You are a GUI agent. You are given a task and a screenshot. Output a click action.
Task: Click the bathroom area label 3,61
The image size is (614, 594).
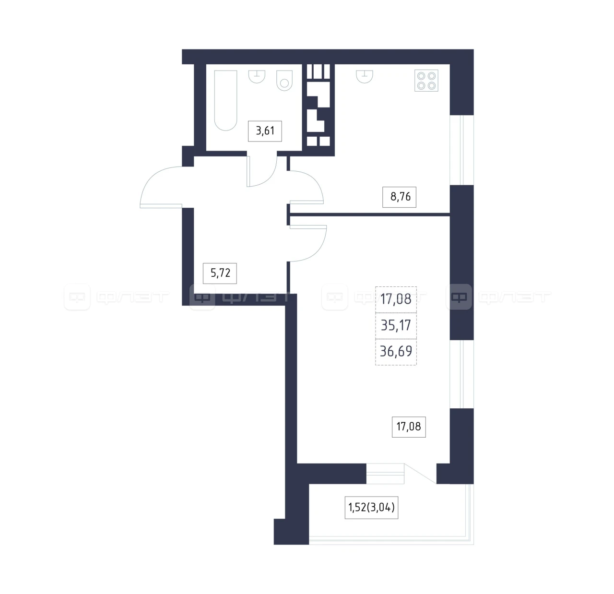(265, 131)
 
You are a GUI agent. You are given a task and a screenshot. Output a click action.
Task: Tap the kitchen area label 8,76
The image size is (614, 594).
(399, 197)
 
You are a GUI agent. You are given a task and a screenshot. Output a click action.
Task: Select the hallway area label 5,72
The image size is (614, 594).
(220, 273)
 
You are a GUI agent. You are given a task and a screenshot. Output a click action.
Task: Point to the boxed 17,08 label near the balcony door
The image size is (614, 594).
(409, 427)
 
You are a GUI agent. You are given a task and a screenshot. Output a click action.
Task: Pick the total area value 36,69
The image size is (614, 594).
(396, 351)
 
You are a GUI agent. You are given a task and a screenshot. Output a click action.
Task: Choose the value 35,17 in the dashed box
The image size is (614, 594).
(396, 325)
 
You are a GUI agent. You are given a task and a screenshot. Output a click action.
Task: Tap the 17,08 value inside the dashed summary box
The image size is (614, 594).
(396, 299)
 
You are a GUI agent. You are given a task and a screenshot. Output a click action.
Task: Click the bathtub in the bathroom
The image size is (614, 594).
(225, 100)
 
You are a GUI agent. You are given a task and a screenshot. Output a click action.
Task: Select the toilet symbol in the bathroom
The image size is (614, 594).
(284, 80)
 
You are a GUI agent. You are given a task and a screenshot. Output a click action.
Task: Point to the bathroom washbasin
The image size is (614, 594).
(257, 77)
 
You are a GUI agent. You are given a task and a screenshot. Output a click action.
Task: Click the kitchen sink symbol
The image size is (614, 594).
(365, 77)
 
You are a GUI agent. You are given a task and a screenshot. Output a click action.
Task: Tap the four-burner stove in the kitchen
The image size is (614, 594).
(426, 81)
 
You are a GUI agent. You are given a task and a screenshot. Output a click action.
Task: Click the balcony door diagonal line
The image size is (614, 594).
(420, 474)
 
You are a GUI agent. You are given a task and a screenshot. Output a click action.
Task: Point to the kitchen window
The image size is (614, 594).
(461, 150)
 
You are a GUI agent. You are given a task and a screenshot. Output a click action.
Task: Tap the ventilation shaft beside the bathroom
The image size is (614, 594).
(319, 105)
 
